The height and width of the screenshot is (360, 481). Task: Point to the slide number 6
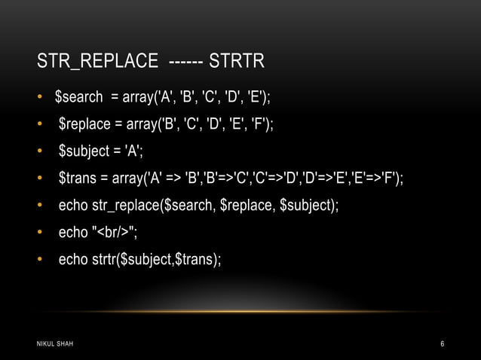[443, 344]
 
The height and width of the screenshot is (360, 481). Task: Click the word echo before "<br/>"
[73, 232]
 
